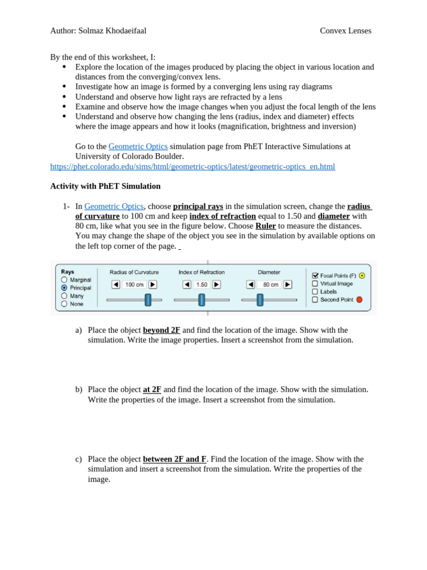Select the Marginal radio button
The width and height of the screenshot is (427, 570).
[x=64, y=280]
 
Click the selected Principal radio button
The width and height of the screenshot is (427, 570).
[x=64, y=288]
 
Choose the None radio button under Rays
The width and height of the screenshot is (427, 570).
[x=64, y=304]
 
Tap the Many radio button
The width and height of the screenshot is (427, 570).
[x=64, y=296]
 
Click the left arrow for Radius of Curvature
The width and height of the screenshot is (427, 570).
[x=116, y=284]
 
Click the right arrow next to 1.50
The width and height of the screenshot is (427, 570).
[x=216, y=284]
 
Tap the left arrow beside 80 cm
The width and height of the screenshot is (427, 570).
[x=251, y=284]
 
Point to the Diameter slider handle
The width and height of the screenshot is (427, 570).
[x=260, y=300]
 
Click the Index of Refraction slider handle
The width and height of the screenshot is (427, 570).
[x=202, y=300]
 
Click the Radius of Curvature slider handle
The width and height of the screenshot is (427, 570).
[x=148, y=300]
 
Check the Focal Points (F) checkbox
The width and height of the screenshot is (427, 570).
[x=315, y=276]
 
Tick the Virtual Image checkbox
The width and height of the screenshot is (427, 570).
[x=315, y=283]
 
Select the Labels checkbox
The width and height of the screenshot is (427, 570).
[x=315, y=291]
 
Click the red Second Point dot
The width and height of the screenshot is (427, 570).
[x=359, y=299]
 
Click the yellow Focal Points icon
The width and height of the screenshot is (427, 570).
[x=362, y=276]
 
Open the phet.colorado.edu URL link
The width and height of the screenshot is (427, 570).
[x=192, y=166]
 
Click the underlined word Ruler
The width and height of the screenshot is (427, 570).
[x=265, y=226]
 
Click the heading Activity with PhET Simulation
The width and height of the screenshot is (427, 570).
[x=105, y=186]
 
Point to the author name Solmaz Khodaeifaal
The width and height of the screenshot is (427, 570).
[x=112, y=31]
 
